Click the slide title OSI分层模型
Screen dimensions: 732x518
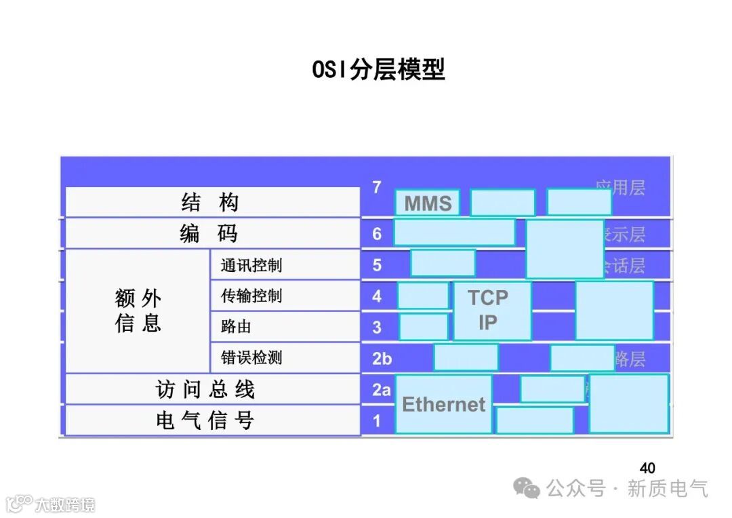[378, 70]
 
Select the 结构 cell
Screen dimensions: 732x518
[211, 202]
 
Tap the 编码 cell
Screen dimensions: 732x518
[211, 233]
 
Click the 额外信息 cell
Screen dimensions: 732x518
[138, 311]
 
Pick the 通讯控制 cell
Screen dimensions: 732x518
[285, 264]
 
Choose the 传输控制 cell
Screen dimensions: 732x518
[285, 296]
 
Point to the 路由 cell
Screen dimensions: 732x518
[285, 327]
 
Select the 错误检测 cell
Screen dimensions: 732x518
[285, 357]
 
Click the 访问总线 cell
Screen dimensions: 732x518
[211, 389]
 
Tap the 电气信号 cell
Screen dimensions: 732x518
[211, 420]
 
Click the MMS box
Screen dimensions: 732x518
[428, 203]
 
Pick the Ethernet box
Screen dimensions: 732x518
[444, 405]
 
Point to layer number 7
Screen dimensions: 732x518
[377, 188]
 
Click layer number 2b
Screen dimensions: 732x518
[382, 359]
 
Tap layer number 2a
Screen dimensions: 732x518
[382, 390]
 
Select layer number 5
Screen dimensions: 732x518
[377, 265]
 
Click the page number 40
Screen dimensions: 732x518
[647, 468]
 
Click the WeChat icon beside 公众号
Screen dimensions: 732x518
[527, 487]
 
